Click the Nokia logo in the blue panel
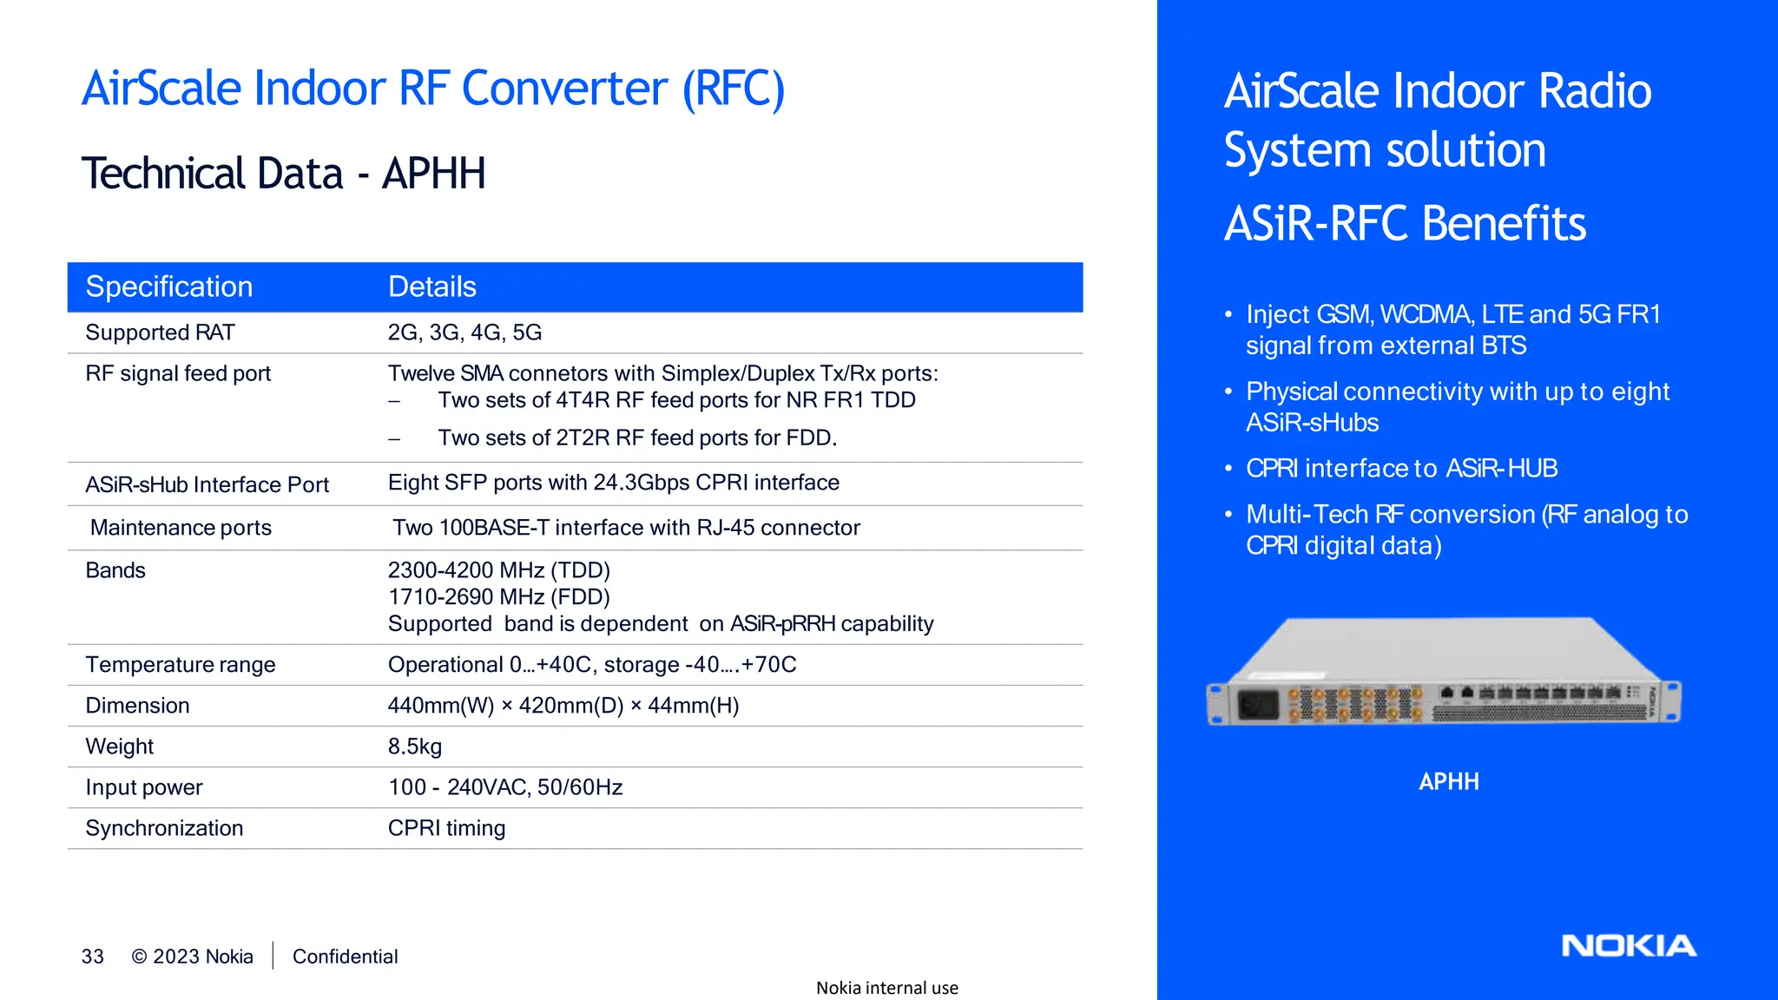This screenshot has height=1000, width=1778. coord(1628,945)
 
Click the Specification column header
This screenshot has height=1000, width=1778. coord(169,287)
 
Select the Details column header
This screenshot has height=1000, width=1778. coord(431,287)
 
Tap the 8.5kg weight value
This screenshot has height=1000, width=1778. coord(415,747)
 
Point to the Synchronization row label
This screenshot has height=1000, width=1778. coord(164,828)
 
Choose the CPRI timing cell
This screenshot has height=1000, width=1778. coord(446,828)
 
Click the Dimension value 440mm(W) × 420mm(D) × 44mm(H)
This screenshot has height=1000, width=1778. coord(563,706)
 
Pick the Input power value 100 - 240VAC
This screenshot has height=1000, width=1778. coord(504,787)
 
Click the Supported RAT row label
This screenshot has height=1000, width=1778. coord(160,332)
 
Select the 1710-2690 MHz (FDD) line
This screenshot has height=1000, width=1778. coord(498,597)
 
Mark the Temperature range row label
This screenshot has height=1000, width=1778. coord(180,665)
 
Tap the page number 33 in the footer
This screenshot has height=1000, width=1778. coord(92,957)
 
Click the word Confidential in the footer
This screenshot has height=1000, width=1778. coord(345,957)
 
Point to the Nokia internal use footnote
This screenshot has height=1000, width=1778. coord(886,988)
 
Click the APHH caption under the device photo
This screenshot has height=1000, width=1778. coord(1448,782)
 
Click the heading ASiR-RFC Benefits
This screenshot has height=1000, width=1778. coord(1405,224)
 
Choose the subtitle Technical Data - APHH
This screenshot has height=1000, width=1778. coord(283,174)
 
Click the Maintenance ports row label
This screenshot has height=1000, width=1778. coord(181,528)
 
